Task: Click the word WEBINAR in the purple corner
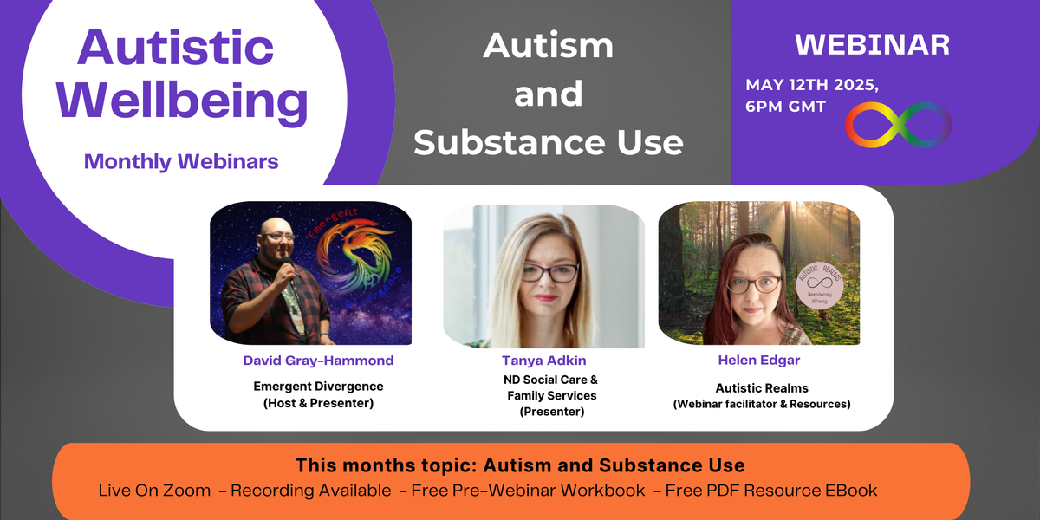[x=872, y=45]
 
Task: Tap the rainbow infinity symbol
[x=899, y=125]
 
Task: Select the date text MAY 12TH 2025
[x=812, y=86]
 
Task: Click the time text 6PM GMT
[x=785, y=107]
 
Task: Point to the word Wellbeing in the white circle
[x=182, y=101]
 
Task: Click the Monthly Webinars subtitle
[x=181, y=161]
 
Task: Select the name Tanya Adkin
[x=545, y=360]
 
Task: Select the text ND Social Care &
[x=545, y=380]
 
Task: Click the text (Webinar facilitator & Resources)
[x=762, y=404]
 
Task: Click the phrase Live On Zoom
[x=154, y=491]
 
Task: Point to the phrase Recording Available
[x=314, y=491]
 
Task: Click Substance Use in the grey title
[x=548, y=141]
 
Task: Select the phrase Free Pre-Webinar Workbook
[x=528, y=491]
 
